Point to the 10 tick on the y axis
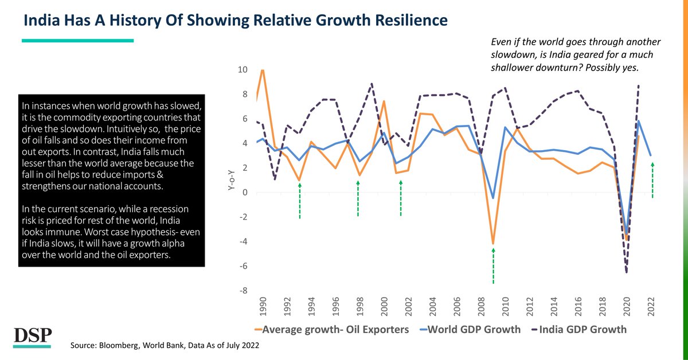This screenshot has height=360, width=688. (x=243, y=70)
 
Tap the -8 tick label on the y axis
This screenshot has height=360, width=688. (x=243, y=291)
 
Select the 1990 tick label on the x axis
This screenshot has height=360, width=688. (x=263, y=312)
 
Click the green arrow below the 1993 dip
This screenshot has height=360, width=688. (x=300, y=200)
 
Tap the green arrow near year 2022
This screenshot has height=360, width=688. (x=652, y=180)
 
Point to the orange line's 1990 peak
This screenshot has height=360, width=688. (x=263, y=71)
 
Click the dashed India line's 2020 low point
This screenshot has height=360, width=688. (x=626, y=272)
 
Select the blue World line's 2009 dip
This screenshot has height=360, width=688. (x=493, y=198)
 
